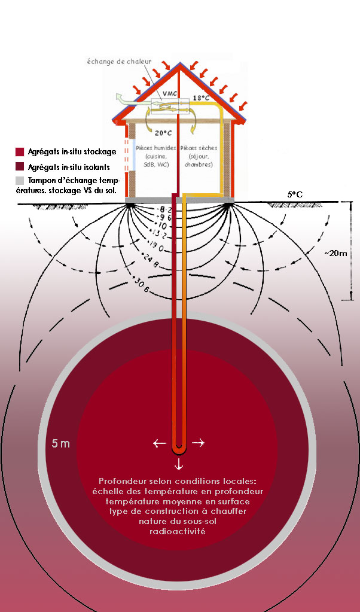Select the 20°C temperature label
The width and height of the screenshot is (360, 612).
[x=163, y=132]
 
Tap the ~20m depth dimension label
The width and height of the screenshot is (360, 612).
[x=335, y=253]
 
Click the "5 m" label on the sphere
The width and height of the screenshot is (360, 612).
[x=60, y=444]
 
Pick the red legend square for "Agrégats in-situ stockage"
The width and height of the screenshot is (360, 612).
[x=20, y=151]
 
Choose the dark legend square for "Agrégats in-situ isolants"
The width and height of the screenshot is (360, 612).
[x=20, y=166]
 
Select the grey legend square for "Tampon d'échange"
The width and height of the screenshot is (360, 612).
[x=20, y=180]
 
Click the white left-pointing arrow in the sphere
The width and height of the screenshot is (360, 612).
[x=159, y=443]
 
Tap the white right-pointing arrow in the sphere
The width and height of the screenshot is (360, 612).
[x=198, y=443]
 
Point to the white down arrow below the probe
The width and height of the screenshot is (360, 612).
[x=178, y=465]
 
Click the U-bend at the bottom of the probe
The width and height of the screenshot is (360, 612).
[x=178, y=449]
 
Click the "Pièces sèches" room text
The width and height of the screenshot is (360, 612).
[x=199, y=156]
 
